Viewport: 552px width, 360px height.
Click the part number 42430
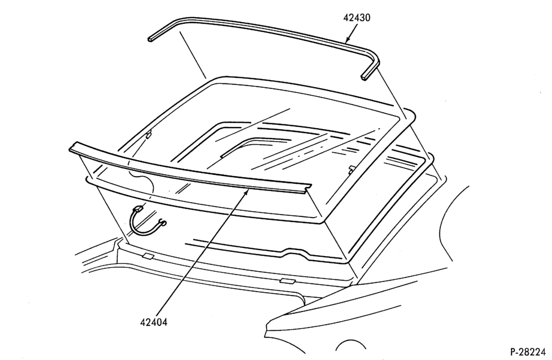(357, 18)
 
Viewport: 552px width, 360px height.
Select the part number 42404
(154, 322)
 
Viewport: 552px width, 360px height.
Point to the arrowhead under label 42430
(347, 39)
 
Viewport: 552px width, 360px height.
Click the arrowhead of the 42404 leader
(248, 192)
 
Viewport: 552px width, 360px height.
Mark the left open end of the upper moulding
(151, 38)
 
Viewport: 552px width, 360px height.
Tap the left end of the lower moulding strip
(72, 147)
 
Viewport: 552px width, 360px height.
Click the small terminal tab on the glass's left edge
(149, 134)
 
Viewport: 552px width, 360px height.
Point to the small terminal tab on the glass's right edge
(351, 170)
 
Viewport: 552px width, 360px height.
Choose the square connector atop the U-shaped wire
(139, 209)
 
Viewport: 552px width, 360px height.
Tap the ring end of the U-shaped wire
(163, 222)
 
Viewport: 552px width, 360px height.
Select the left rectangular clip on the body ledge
(148, 256)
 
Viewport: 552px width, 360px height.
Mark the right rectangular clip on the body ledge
(288, 280)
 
